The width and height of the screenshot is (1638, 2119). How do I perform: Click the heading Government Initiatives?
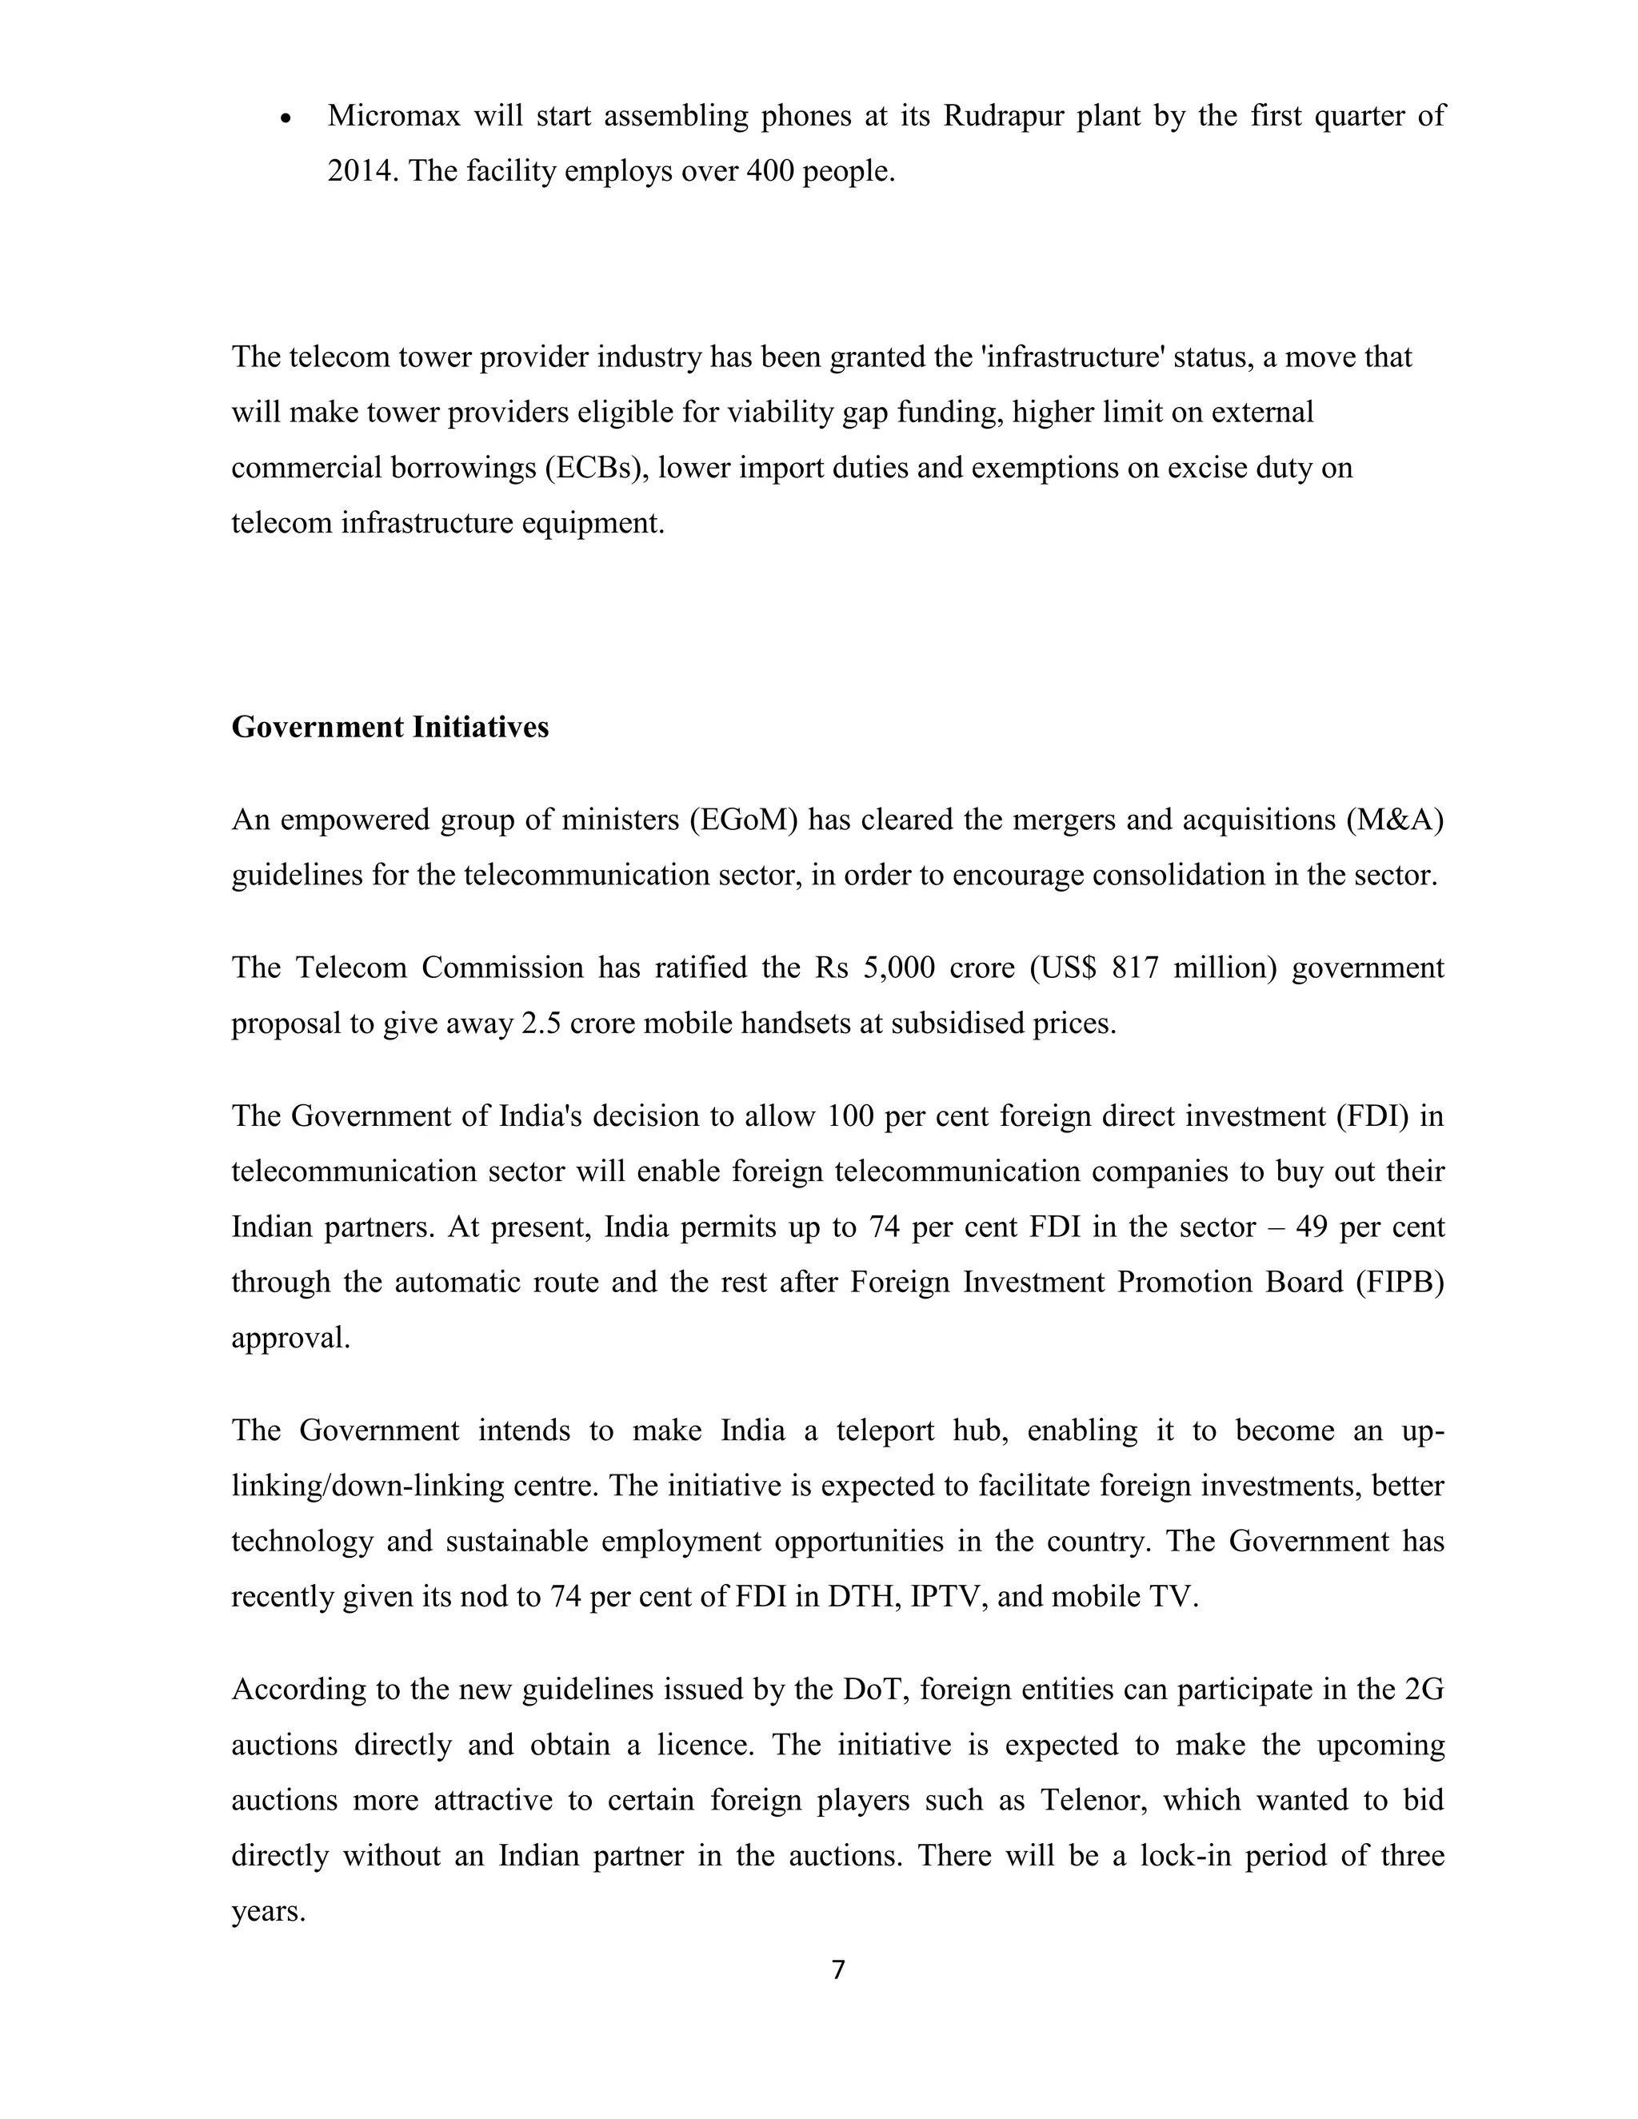coord(390,727)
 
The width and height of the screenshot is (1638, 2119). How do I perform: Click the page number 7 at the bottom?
coord(838,1969)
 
